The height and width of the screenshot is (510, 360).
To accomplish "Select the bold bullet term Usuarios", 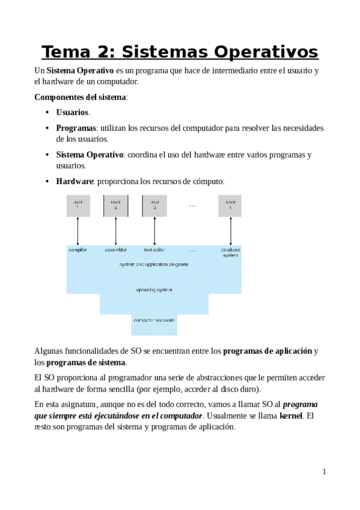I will coord(72,112).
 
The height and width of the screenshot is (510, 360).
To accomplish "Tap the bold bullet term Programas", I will coord(76,128).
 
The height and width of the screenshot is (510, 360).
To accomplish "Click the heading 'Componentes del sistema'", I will coord(81,97).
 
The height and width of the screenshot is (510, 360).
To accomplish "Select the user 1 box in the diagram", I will coord(78,206).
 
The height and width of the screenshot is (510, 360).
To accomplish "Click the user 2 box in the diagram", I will coord(116,206).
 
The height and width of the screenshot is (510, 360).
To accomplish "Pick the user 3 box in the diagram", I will coord(154,206).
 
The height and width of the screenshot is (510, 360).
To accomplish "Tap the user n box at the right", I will coord(230,206).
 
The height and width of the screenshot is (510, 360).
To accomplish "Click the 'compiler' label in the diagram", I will coord(78,250).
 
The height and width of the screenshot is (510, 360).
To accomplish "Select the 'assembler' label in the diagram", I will coord(116,250).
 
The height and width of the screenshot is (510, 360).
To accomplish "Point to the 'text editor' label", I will coord(154,250).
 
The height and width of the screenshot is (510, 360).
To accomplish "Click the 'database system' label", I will coord(230,252).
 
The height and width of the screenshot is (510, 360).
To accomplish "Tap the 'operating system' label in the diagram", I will coord(154,290).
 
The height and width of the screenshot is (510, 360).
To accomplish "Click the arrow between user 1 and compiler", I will coord(78,231).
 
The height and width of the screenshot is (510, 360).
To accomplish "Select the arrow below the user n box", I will coord(230,231).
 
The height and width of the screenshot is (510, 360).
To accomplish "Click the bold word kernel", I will coord(291,416).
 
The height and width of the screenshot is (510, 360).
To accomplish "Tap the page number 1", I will coord(324,472).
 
